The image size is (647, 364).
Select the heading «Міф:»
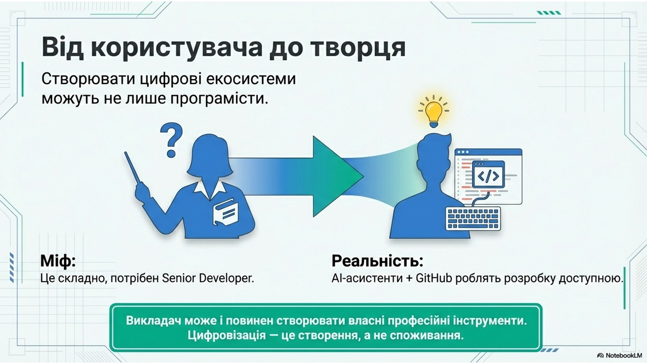(x=58, y=261)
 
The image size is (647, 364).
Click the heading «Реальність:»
(x=377, y=260)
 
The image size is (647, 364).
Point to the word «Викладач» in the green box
(x=151, y=321)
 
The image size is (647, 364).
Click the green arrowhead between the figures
(x=338, y=176)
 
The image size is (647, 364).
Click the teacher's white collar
(x=210, y=188)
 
